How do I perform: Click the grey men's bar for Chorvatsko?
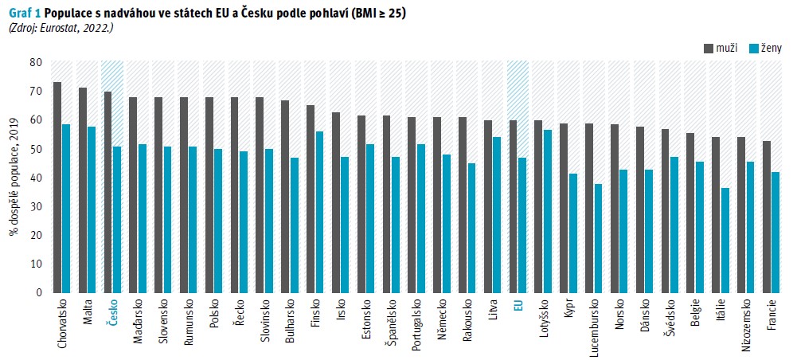pyautogui.click(x=57, y=187)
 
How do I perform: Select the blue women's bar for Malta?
pyautogui.click(x=92, y=209)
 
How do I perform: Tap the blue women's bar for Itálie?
pyautogui.click(x=724, y=240)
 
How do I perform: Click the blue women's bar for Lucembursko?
pyautogui.click(x=597, y=238)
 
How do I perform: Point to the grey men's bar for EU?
pyautogui.click(x=513, y=206)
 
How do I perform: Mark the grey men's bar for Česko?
pyautogui.click(x=107, y=192)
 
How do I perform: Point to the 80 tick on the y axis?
pyautogui.click(x=36, y=63)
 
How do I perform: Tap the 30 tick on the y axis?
pyautogui.click(x=36, y=206)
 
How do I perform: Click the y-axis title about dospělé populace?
pyautogui.click(x=14, y=176)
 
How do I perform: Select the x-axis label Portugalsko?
pyautogui.click(x=416, y=324)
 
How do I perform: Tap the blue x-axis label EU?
pyautogui.click(x=518, y=306)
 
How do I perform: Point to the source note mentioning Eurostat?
pyautogui.click(x=61, y=28)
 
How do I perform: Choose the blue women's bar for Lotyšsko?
pyautogui.click(x=547, y=211)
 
